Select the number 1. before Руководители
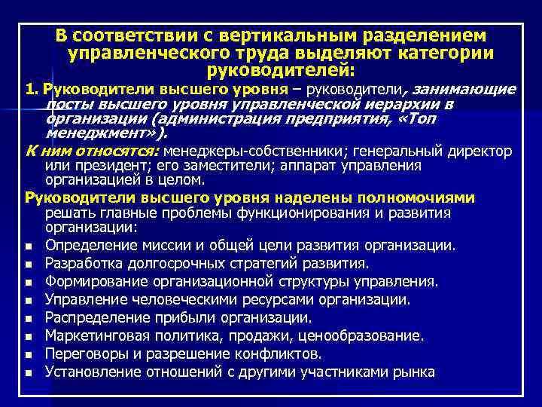pos(31,90)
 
